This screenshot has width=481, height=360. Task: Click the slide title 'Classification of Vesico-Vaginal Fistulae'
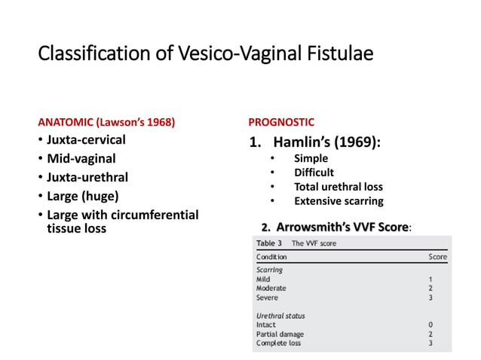(x=205, y=55)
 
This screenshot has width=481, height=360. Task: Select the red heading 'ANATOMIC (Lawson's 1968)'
(x=106, y=122)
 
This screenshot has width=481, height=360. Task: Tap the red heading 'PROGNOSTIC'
(x=281, y=122)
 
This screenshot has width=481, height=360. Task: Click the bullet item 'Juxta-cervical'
(x=86, y=140)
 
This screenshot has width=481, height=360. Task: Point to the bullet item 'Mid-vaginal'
(x=81, y=159)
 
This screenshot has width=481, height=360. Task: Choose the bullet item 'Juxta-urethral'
(x=87, y=178)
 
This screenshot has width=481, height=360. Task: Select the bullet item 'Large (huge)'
(x=82, y=197)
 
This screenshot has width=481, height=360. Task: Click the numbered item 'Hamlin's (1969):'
(x=326, y=142)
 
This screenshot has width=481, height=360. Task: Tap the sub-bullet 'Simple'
(x=311, y=159)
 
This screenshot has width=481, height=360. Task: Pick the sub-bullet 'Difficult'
(x=314, y=172)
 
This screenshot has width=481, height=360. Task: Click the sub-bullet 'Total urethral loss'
(x=338, y=187)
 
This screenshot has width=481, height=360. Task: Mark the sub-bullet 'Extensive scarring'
(x=338, y=201)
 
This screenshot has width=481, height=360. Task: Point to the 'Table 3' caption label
(x=269, y=243)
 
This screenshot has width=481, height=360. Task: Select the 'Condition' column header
(x=271, y=257)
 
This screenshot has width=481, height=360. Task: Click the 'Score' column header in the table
(x=437, y=257)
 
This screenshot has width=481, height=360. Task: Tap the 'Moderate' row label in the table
(x=271, y=288)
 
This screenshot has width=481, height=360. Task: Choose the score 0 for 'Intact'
(x=430, y=325)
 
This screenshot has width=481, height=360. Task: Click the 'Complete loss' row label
(x=278, y=343)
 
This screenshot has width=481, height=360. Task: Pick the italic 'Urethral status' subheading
(x=280, y=316)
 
